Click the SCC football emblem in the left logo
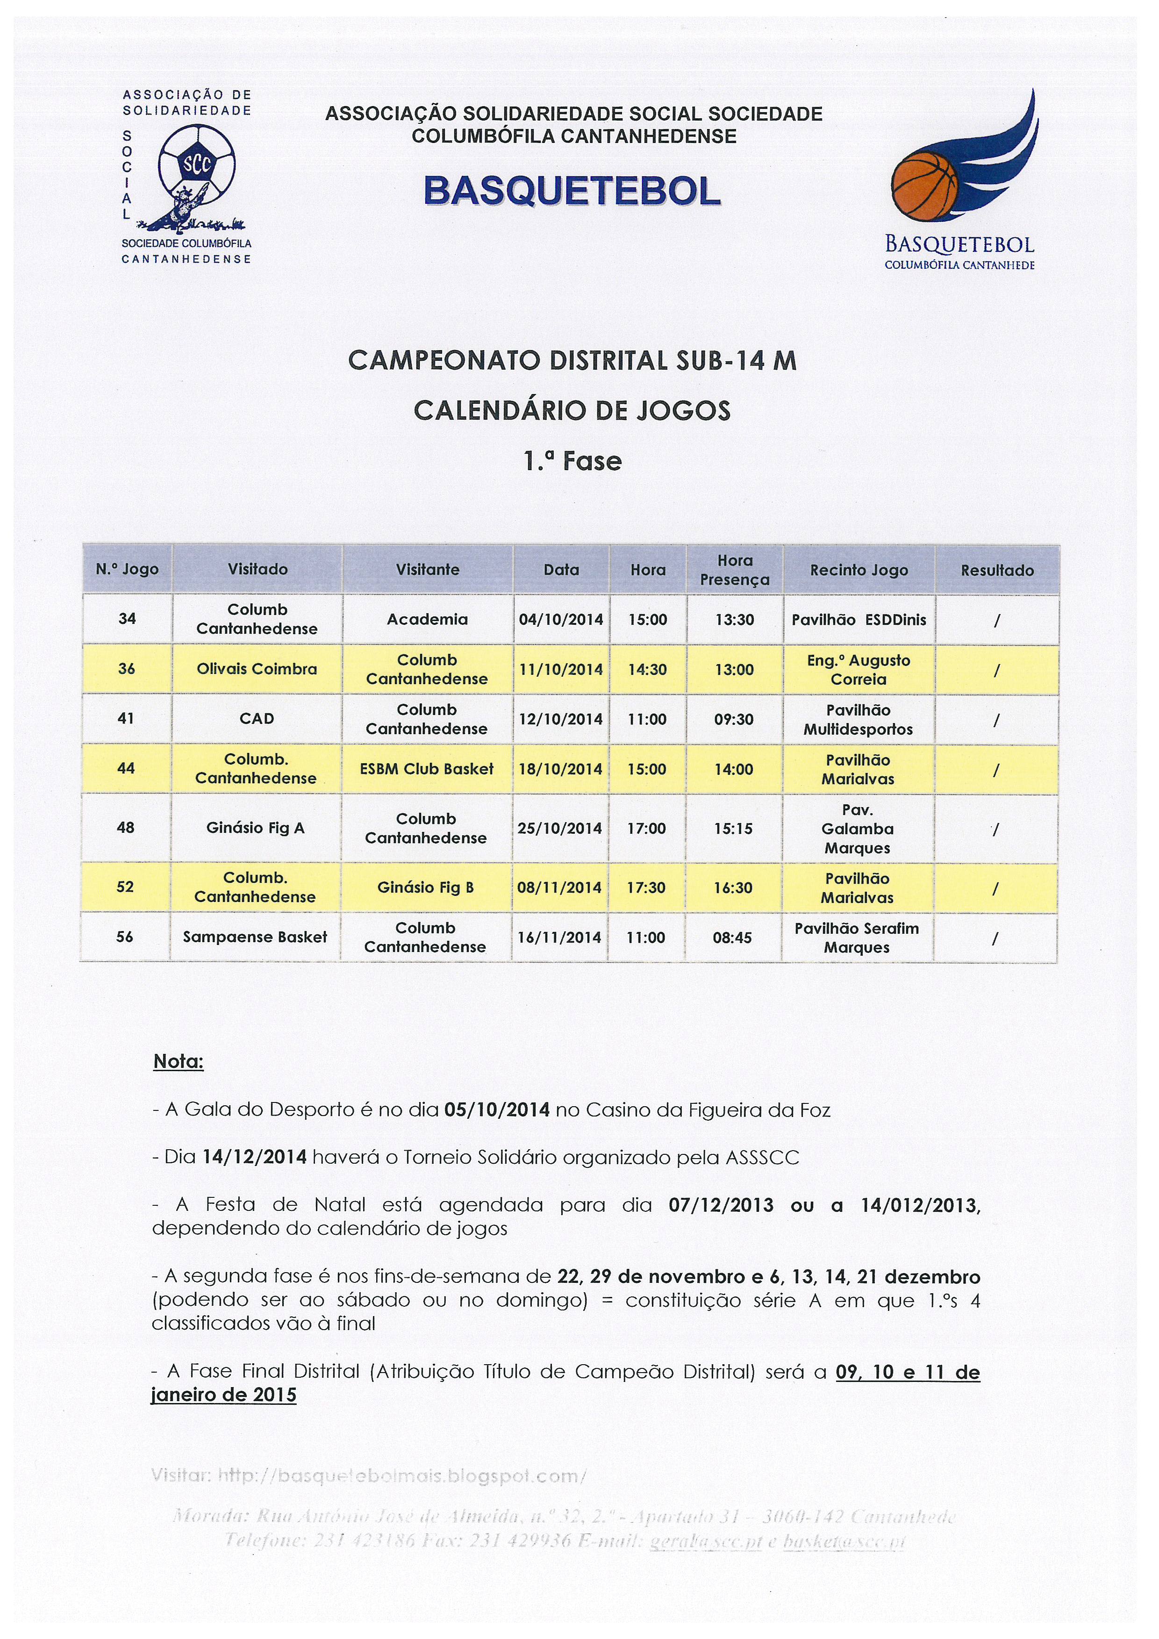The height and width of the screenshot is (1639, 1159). (x=196, y=165)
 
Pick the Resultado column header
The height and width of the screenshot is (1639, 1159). (x=996, y=570)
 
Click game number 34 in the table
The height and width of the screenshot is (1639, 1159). (x=127, y=618)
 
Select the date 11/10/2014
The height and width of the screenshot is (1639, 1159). (x=560, y=670)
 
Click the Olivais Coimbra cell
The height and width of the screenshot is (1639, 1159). (x=257, y=669)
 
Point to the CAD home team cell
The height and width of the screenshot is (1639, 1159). (x=257, y=719)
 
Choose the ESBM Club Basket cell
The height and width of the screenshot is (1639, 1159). (x=427, y=769)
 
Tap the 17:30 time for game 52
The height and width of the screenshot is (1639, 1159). (x=647, y=887)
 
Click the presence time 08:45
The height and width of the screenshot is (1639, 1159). (x=732, y=938)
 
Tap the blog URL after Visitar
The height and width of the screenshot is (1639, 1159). (x=402, y=1475)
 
